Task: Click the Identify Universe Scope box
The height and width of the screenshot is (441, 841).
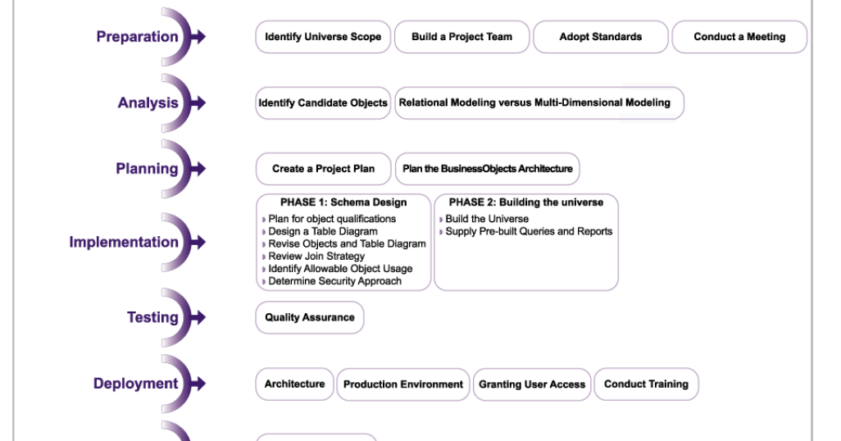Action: coord(323,37)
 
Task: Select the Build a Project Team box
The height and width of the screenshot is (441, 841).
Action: coord(461,37)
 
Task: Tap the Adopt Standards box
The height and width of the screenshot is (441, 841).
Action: coord(601,37)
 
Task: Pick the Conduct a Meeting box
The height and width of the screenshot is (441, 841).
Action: coord(739,37)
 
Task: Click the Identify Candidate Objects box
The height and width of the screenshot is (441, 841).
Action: coord(323,103)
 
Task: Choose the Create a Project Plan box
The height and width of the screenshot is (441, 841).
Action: coord(324,169)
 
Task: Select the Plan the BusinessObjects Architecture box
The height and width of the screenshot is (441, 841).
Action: coord(488,169)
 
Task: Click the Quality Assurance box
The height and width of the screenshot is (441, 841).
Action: coord(310,317)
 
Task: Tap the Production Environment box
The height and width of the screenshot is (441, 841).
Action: coord(403,384)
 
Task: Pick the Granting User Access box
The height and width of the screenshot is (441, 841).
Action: coord(532,384)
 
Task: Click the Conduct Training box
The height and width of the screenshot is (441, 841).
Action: coord(646,384)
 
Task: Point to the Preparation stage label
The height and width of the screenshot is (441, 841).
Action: coord(138,37)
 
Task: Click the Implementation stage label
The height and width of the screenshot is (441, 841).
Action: coord(124,242)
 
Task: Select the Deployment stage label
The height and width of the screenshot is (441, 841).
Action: coord(136,384)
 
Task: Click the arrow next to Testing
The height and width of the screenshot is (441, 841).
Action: coord(198,317)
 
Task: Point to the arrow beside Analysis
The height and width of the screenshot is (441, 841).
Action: coord(198,102)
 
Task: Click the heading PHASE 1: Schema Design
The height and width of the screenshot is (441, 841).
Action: coord(343,202)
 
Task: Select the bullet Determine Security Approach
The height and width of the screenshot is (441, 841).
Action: coord(331,281)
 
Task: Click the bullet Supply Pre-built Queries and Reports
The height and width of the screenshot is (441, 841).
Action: coord(525,231)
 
